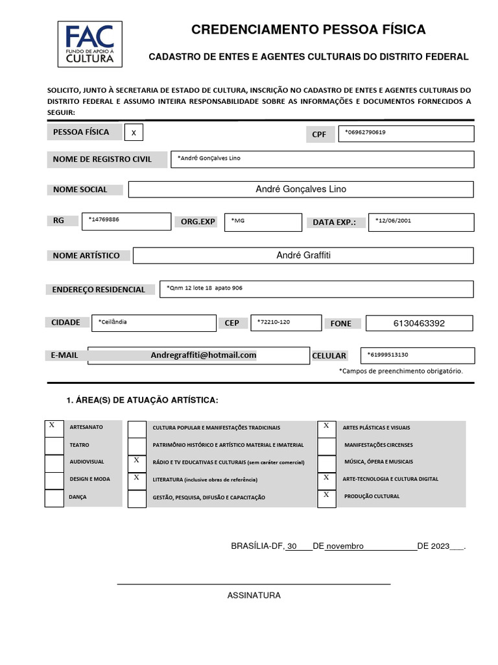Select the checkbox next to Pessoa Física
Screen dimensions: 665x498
(134, 132)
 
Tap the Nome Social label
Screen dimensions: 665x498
(80, 190)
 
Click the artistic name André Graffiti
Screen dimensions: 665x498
(303, 255)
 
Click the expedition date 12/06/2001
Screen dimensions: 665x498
(393, 220)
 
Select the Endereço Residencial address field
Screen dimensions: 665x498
(316, 289)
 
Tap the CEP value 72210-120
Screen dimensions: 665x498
(273, 322)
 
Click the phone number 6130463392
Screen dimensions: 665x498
(419, 323)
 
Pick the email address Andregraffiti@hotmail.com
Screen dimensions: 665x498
(204, 355)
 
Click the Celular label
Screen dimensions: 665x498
(329, 356)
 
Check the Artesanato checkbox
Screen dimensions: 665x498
(54, 429)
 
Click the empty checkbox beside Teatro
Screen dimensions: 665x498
(54, 446)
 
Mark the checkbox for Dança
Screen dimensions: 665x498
(54, 498)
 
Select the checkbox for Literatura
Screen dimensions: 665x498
(137, 481)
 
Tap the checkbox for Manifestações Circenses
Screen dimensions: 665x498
(326, 446)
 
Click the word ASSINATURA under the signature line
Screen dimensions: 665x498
(254, 596)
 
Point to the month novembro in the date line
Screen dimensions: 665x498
(344, 546)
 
